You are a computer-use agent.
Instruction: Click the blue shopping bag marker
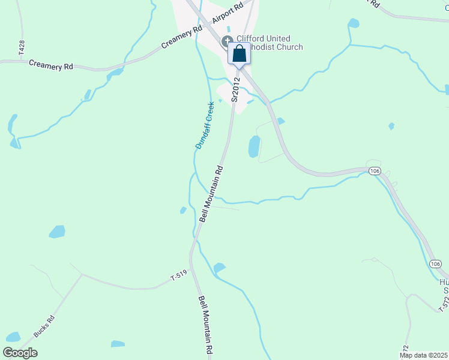click(x=239, y=54)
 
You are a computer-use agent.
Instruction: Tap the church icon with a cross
click(x=228, y=41)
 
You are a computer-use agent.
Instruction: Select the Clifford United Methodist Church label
click(x=267, y=43)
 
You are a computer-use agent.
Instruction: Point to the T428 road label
click(x=22, y=49)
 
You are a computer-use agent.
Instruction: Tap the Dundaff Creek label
click(x=205, y=125)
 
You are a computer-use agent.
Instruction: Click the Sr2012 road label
click(x=235, y=89)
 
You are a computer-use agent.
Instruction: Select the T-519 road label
click(x=179, y=277)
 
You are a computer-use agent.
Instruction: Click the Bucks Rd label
click(x=44, y=326)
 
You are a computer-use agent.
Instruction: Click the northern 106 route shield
click(x=375, y=171)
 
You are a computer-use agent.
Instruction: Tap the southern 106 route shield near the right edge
click(x=435, y=264)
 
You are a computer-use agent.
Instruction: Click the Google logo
click(x=20, y=352)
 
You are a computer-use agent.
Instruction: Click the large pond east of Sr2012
click(x=254, y=146)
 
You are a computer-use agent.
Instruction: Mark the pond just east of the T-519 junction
click(x=219, y=268)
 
